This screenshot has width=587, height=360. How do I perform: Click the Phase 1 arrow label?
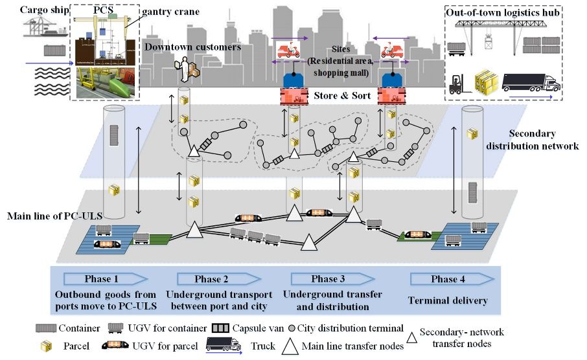pos(102,279)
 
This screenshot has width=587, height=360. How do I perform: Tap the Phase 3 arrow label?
pos(324,279)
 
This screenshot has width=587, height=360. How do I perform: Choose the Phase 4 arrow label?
pos(444,279)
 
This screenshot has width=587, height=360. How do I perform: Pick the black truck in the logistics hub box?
pos(530,82)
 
